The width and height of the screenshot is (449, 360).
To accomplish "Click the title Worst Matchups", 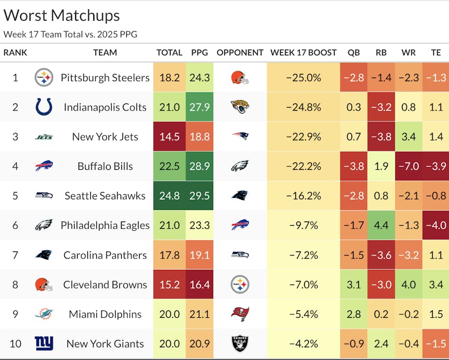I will [61, 15].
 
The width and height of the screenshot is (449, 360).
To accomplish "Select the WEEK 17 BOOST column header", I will [303, 52].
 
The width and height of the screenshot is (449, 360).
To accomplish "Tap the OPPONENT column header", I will [240, 52].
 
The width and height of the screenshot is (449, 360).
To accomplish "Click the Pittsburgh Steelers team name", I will [105, 78].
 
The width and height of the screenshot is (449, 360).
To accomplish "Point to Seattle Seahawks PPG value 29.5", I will [199, 196].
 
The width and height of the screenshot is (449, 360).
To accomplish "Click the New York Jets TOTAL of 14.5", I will [169, 136].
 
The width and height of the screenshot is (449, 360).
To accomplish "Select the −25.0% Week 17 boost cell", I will [303, 78].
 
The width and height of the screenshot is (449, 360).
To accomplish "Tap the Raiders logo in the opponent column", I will [240, 344].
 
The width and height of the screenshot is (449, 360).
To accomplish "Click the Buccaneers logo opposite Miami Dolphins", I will [240, 314].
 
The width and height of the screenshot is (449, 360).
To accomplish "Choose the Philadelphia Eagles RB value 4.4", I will [381, 225].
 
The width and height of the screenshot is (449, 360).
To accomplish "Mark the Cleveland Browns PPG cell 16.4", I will [199, 284].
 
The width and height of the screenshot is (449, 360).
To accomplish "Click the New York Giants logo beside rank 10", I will [44, 344].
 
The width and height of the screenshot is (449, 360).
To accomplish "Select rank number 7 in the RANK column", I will [15, 255].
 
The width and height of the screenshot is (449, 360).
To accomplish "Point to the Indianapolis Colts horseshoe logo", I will [44, 107].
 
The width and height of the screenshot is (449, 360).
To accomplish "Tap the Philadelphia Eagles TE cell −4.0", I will [435, 225].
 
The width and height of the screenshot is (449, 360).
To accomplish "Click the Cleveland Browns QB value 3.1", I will [354, 284].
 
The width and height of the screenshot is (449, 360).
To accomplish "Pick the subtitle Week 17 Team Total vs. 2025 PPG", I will [70, 34].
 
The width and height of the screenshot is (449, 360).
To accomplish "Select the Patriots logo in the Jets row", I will [240, 136].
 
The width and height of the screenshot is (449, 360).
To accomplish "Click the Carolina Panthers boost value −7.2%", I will [303, 255].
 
